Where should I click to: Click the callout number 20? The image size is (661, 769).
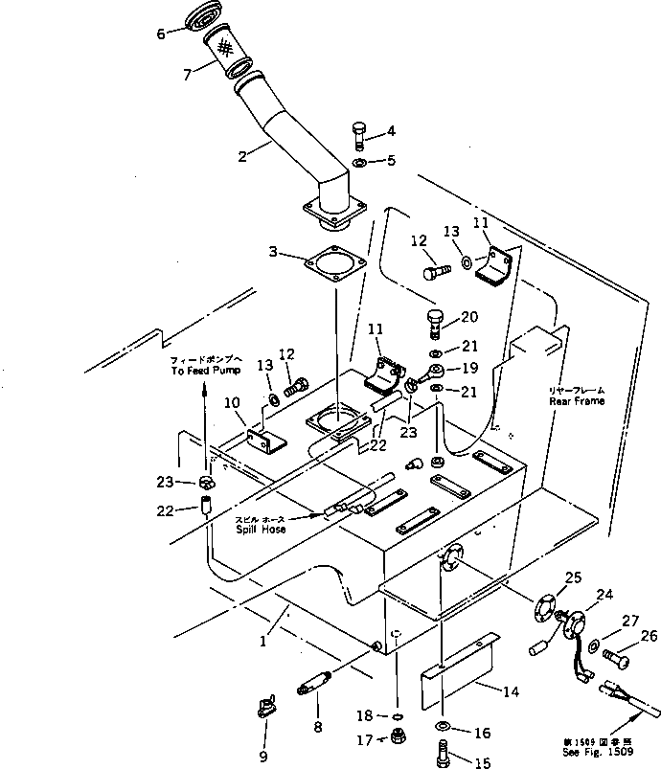pos(469,318)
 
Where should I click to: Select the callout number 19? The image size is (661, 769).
pos(469,368)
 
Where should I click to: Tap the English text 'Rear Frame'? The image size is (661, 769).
pos(577,402)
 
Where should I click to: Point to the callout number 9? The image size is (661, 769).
pos(262,758)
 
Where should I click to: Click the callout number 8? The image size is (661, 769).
pos(317,726)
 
